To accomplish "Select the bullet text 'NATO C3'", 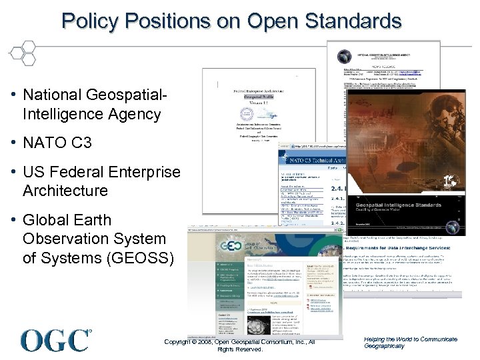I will coord(57,143).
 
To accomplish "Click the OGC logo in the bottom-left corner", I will coord(56,339).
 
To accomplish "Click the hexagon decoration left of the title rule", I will coord(24,52).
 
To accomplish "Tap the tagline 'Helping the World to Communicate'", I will coord(411,339).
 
